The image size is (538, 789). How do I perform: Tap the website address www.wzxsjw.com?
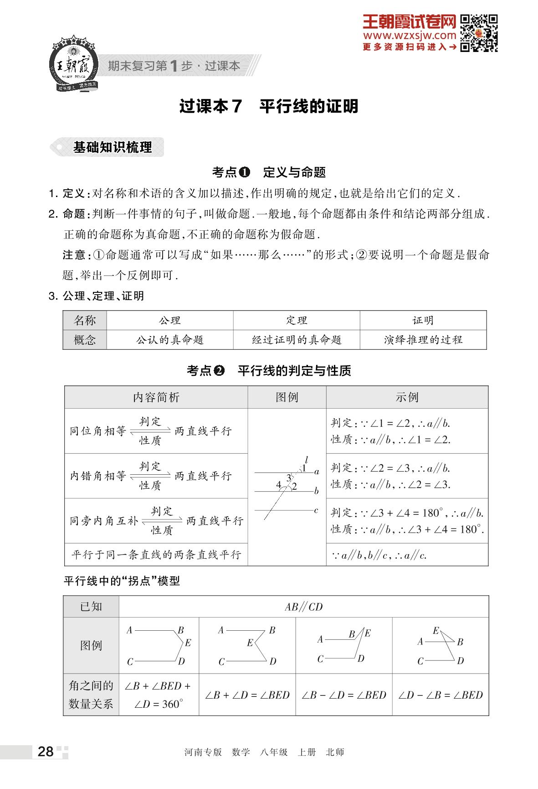[409, 35]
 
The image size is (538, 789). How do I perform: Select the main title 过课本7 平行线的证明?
[269, 106]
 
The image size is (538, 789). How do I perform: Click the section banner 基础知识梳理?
[112, 147]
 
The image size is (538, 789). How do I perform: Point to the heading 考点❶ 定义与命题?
[269, 172]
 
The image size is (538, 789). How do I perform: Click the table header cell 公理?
[170, 321]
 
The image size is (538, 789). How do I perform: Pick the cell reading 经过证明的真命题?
[297, 340]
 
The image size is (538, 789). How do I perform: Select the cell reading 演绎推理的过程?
[423, 340]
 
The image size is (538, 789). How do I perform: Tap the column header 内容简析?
[156, 397]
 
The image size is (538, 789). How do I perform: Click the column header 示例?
[407, 397]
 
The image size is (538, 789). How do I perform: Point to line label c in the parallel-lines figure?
[316, 510]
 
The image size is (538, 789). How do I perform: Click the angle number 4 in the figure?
[278, 485]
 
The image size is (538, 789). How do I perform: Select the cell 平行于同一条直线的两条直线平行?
[156, 555]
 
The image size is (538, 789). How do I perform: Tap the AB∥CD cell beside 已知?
[303, 607]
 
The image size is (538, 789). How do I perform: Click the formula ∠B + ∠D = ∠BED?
[247, 695]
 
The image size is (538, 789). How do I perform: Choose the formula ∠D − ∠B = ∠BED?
[441, 695]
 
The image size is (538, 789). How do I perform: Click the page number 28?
[46, 752]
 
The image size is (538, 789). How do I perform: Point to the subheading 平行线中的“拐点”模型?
[122, 581]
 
